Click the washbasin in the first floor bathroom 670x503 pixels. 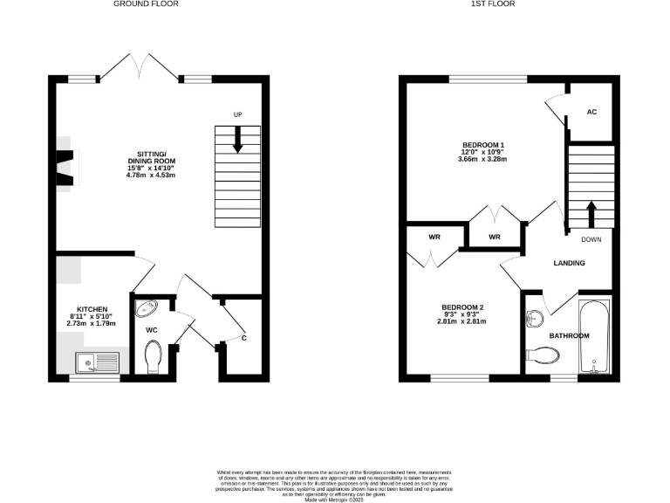pos(534,315)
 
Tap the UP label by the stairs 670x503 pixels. pos(237,115)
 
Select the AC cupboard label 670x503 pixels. pos(591,113)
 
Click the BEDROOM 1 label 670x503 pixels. pos(483,144)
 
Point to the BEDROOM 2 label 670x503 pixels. pos(462,307)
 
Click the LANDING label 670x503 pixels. pos(569,263)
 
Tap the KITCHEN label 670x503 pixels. pos(92,309)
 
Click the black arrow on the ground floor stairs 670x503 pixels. pos(237,145)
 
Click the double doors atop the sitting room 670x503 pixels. pos(140,66)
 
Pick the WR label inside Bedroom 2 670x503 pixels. pos(434,238)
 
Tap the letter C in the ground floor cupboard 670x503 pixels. pos(243,338)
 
